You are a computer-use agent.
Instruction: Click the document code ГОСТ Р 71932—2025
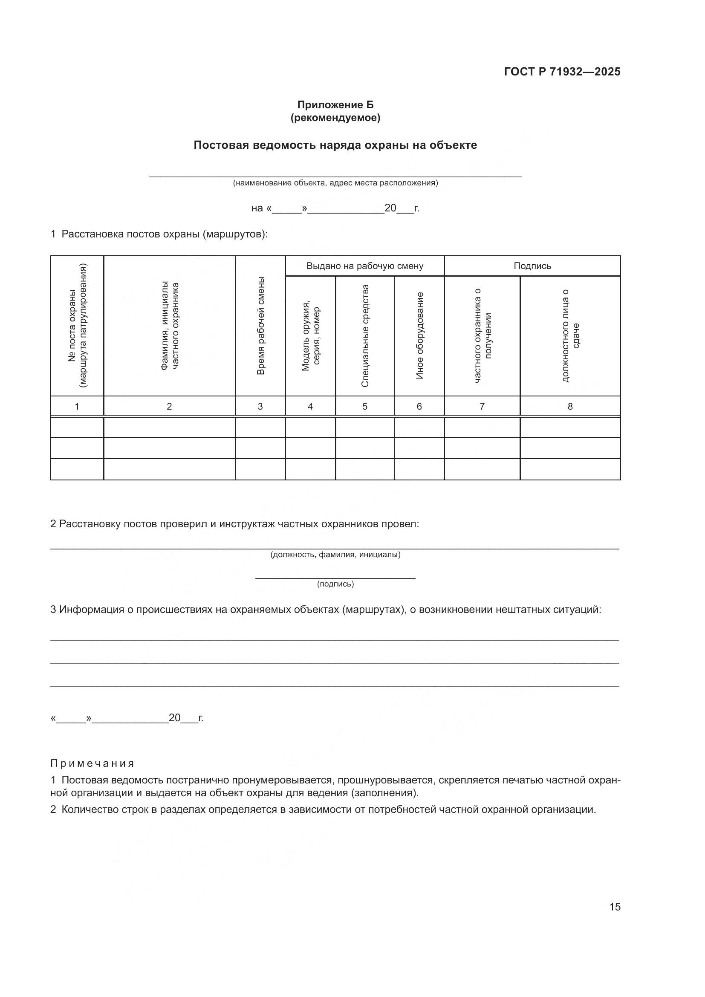coord(562,72)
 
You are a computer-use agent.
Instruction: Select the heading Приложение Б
coord(335,105)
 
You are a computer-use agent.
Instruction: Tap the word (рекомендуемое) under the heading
coord(335,118)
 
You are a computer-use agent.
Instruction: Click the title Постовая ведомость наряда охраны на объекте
coord(335,145)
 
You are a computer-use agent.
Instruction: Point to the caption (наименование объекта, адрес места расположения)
coord(335,183)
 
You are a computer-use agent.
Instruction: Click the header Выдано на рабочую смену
coord(365,266)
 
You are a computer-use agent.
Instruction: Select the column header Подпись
coord(532,266)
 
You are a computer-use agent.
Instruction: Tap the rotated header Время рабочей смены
coord(260,326)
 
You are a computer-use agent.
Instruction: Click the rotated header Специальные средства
coord(365,335)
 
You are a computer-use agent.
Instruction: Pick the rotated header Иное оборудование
coord(419,335)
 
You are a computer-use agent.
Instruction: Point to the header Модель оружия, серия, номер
coord(310,335)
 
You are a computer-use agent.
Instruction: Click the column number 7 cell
coord(482,407)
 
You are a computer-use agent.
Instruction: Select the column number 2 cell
coord(169,407)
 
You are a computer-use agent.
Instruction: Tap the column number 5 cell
coord(365,407)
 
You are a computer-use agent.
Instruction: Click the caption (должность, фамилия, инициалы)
coord(335,555)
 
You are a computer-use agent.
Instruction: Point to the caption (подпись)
coord(335,584)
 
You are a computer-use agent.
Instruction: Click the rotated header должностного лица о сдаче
coord(570,335)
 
